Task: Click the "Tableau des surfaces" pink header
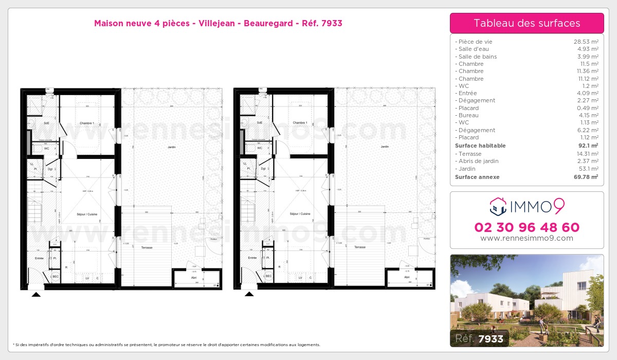[x=527, y=23]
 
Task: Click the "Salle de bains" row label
[x=478, y=57]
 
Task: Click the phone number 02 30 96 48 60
[x=527, y=227]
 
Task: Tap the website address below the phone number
[x=527, y=238]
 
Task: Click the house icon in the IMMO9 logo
[x=498, y=207]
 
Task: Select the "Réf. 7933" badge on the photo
[x=480, y=338]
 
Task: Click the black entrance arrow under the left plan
[x=36, y=294]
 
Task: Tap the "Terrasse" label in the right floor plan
[x=360, y=247]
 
